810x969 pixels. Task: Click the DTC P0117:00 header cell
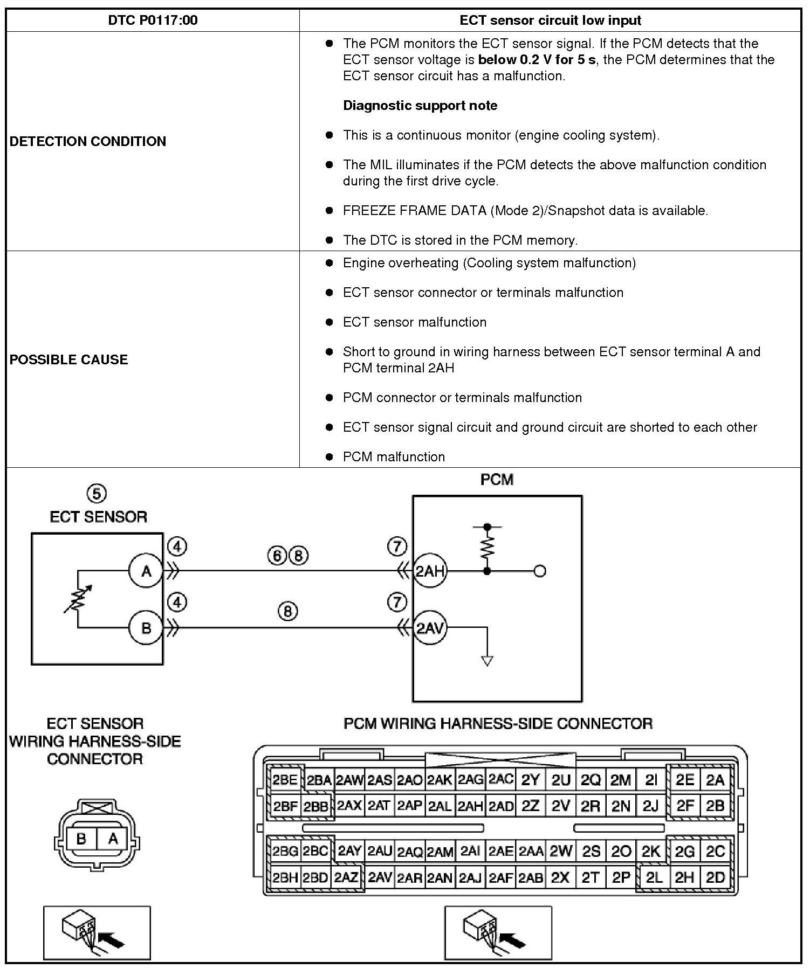coord(153,20)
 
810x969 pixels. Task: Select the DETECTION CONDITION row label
coord(88,141)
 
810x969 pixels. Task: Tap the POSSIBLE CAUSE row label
coord(69,359)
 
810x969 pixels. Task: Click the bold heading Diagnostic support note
coord(420,106)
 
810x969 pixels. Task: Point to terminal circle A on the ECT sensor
coord(146,571)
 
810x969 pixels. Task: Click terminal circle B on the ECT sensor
coord(146,628)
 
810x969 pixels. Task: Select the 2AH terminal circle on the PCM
coord(430,571)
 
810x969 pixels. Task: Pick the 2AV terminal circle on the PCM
coord(430,628)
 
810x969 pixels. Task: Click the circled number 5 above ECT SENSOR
coord(97,493)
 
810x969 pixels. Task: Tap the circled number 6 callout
coord(277,556)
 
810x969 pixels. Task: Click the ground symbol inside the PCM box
coord(487,661)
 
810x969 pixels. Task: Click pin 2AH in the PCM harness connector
coord(470,806)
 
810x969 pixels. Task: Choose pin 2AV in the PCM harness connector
coord(380,878)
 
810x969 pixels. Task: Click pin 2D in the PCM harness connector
coord(715,878)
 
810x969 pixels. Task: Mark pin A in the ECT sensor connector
coord(113,839)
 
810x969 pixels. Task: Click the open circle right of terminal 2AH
coord(539,571)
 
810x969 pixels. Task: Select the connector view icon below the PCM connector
coord(498,933)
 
